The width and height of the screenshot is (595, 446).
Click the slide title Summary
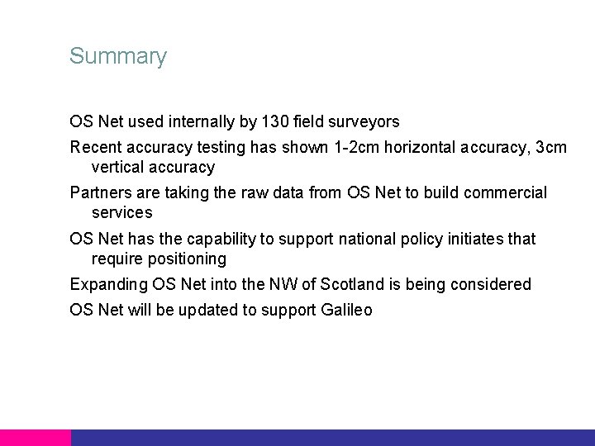pos(118,57)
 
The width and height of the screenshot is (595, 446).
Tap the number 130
pos(274,122)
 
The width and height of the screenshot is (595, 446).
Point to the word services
pos(121,213)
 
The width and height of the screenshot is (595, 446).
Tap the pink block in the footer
pos(35,438)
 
